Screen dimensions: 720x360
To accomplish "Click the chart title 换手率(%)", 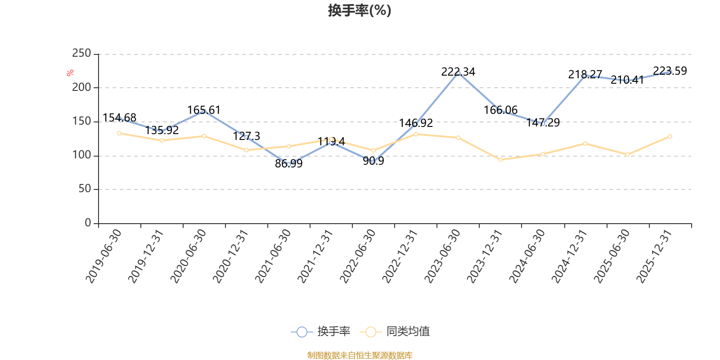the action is point(360,10).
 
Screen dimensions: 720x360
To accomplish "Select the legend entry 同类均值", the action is point(395,331).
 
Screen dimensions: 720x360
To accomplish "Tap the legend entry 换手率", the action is point(320,331).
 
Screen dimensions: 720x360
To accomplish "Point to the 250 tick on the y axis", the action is point(81,53).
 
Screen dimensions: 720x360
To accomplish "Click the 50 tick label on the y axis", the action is point(85,189).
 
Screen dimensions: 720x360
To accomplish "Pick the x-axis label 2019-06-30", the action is point(103,256).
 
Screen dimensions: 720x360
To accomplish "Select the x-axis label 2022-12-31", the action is point(400,256).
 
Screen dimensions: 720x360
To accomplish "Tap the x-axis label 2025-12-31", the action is point(654,256).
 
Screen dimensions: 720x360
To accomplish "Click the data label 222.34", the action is point(458,72).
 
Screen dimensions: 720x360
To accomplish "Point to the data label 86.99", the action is point(288,164).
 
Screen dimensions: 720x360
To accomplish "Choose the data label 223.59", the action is point(670,71).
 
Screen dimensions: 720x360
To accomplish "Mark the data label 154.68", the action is point(119,117).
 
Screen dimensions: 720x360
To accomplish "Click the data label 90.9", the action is point(373,161).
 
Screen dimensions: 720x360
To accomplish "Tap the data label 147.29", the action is point(543,122).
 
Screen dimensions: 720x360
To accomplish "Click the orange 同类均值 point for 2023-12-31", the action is point(500,160).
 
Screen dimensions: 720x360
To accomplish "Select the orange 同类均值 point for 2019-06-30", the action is point(119,133).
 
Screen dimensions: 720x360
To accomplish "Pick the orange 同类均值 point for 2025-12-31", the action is point(670,136).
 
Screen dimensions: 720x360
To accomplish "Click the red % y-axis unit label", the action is point(70,73).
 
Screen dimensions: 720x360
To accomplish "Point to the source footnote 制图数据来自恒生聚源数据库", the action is point(360,355).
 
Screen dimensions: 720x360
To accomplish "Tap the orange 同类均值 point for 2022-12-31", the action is point(416,134).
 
